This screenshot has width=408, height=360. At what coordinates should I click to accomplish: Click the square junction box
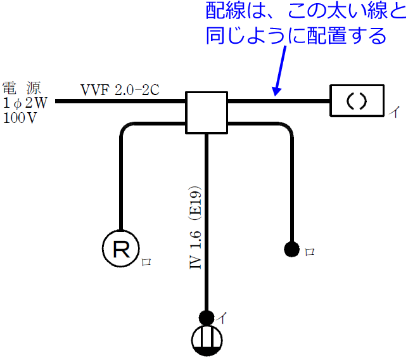[206, 112]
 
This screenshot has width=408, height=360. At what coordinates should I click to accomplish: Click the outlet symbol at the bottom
[207, 340]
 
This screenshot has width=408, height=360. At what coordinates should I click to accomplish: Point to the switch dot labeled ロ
[291, 248]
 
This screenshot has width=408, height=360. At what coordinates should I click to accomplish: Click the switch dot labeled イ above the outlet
[207, 317]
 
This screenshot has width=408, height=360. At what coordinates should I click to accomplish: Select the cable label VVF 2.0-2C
[120, 89]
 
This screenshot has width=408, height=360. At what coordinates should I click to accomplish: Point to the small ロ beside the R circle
[146, 260]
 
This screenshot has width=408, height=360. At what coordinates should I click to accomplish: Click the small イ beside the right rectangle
[393, 112]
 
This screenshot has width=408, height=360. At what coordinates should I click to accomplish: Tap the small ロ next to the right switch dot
[310, 252]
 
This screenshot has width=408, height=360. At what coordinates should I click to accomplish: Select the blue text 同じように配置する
[295, 36]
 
